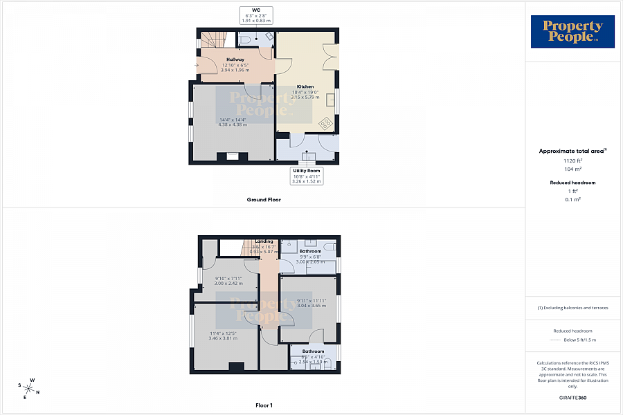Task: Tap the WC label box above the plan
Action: pos(256,15)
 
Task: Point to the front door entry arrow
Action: pos(197,66)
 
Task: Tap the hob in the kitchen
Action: pos(325,123)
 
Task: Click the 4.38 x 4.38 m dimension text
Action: pos(233,124)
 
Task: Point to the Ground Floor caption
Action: pos(264,199)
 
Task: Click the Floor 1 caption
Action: pos(264,405)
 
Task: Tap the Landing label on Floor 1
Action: pos(264,241)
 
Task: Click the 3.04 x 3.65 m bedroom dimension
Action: pos(311,305)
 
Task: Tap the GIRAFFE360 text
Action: pos(572,398)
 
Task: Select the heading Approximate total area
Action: pos(572,150)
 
